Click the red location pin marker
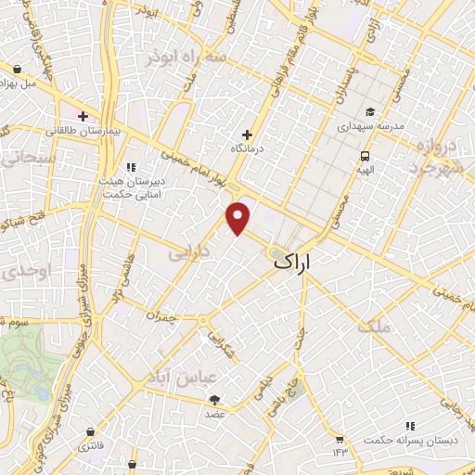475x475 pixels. coord(240,218)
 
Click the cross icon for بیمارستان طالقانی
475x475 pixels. coord(83,116)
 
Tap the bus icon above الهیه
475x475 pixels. coord(366,156)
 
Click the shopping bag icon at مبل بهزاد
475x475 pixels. coord(18,69)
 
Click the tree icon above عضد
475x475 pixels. coord(215,400)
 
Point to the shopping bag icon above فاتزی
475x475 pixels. coord(89,431)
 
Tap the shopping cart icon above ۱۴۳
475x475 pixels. coord(340,438)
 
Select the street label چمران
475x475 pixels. coord(160,315)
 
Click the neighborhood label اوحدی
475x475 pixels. coord(19,271)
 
